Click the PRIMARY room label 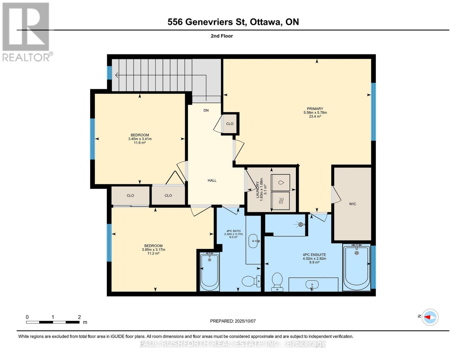click(315, 109)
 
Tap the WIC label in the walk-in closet click(353, 204)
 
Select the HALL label click(212, 180)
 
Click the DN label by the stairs click(206, 110)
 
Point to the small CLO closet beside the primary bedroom click(230, 124)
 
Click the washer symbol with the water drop click(281, 182)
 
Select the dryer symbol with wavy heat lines click(281, 201)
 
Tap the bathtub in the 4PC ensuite click(356, 268)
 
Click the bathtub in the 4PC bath click(209, 272)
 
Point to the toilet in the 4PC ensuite click(277, 281)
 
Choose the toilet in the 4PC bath click(250, 281)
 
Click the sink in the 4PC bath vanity click(254, 241)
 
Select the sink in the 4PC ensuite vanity click(312, 284)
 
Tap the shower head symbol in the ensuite click(300, 224)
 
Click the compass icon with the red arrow click(430, 317)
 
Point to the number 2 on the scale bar click(79, 317)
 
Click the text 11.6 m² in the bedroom click(140, 143)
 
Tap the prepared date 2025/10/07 click(245, 321)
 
